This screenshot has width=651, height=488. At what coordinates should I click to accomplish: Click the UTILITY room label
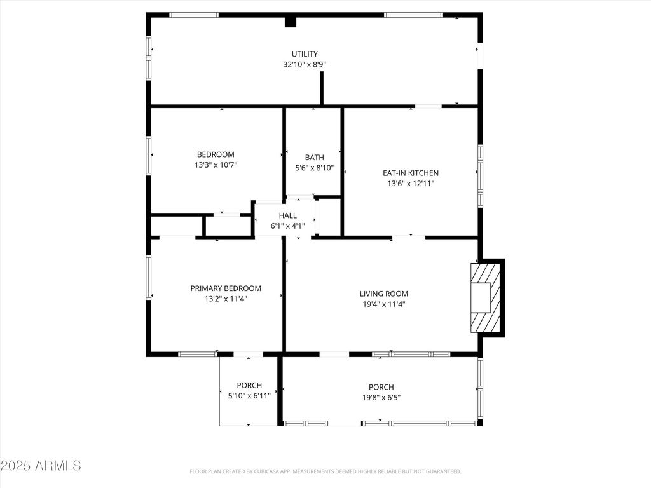[x=305, y=54]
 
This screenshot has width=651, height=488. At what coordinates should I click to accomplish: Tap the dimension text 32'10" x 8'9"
[x=305, y=64]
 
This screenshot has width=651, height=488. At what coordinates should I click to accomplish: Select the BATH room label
[x=314, y=158]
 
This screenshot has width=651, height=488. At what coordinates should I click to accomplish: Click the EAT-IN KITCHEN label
[x=411, y=173]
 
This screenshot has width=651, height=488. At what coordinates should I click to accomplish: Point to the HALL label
[x=288, y=215]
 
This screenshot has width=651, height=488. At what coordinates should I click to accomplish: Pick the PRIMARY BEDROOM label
[x=226, y=288]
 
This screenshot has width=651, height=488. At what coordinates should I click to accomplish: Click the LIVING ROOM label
[x=383, y=294]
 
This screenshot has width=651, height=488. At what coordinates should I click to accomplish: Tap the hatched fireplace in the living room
[x=486, y=297]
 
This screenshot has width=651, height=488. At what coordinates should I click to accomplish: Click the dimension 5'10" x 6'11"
[x=249, y=395]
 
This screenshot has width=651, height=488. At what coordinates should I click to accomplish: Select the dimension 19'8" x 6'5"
[x=381, y=398]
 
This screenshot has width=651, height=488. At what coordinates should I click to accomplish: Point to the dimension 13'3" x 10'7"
[x=216, y=165]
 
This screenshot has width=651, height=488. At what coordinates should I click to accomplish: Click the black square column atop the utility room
[x=290, y=22]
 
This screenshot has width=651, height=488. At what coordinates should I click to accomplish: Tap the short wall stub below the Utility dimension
[x=321, y=88]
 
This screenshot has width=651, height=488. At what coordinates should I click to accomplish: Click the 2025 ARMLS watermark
[x=41, y=465]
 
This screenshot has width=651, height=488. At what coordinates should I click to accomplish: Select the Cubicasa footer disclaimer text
[x=325, y=471]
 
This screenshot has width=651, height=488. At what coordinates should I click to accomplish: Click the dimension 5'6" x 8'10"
[x=314, y=168]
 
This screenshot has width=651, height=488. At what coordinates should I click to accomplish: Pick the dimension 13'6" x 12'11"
[x=411, y=184]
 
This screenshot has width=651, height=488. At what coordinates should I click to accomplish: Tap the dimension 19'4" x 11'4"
[x=383, y=304]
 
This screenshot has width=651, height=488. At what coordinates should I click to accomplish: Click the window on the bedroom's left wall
[x=148, y=154]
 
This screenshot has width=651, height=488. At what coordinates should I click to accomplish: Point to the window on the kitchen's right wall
[x=481, y=175]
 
